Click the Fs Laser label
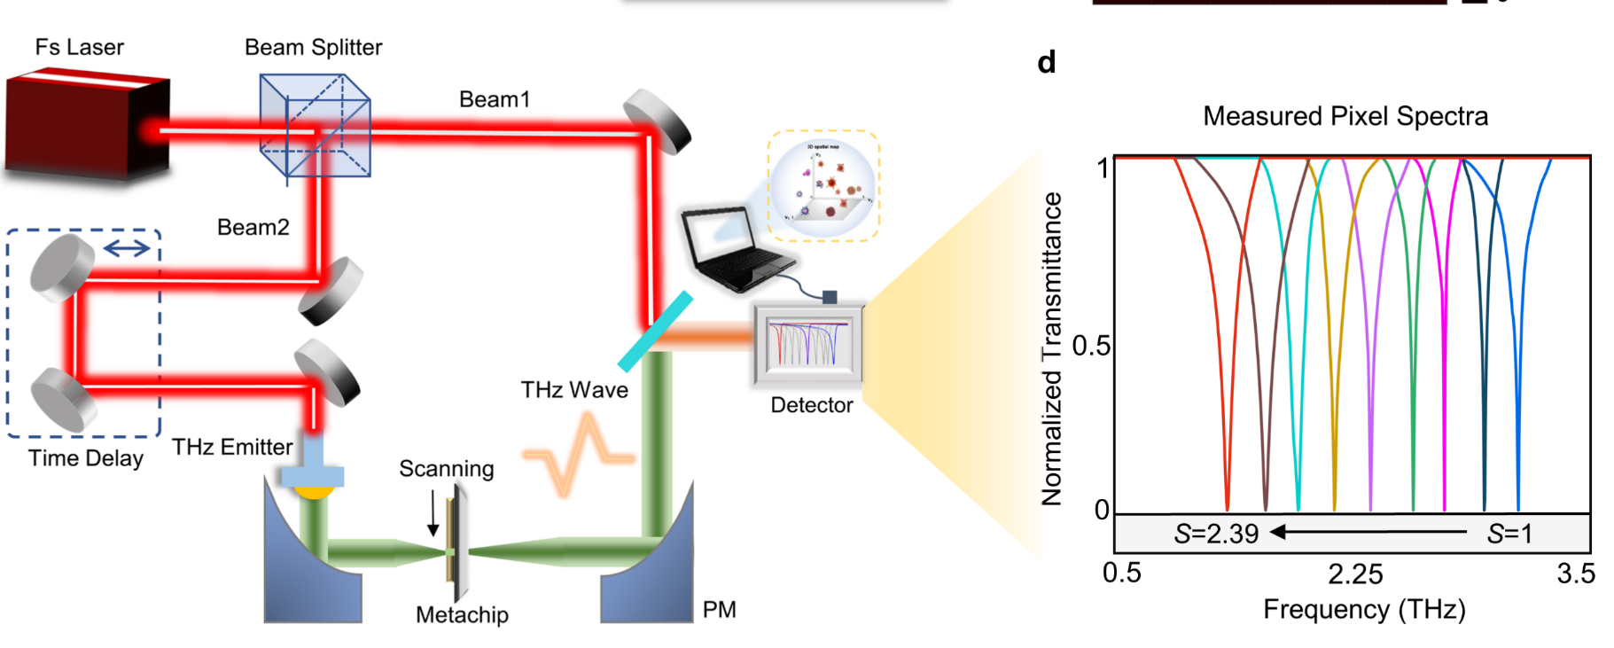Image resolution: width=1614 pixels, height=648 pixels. [x=79, y=47]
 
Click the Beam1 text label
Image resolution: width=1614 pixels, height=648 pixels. [x=494, y=99]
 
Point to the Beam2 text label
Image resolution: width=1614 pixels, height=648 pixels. [x=253, y=227]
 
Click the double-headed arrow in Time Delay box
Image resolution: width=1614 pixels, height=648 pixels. [x=127, y=248]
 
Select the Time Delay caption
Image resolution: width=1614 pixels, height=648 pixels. [x=85, y=458]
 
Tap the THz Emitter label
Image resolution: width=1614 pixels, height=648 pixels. [x=231, y=447]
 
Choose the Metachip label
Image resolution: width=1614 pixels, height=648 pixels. [x=462, y=614]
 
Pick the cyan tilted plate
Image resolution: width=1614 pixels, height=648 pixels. [x=655, y=331]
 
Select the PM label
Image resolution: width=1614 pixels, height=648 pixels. [x=719, y=609]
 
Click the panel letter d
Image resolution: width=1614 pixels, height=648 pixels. [x=1046, y=62]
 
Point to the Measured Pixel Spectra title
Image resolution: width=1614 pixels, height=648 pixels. [x=1345, y=116]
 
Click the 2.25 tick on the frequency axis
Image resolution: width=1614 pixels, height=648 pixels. [x=1355, y=574]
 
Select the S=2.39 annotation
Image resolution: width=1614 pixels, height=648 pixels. [x=1216, y=534]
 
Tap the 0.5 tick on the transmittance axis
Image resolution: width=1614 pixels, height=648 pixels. [x=1090, y=346]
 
